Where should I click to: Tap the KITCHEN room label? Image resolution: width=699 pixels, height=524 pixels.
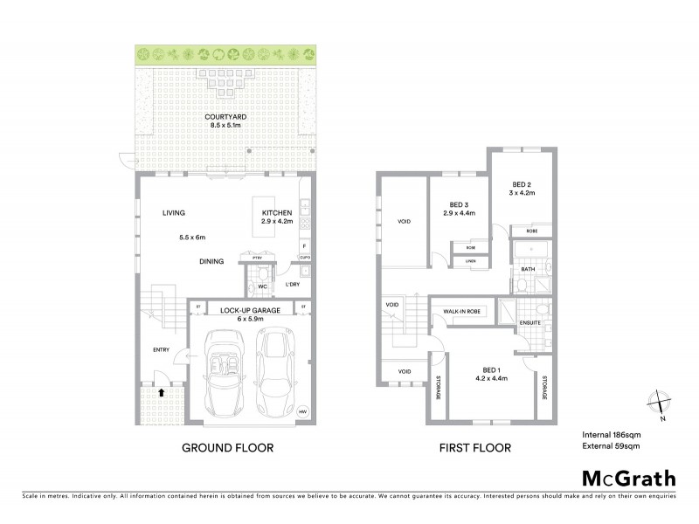277,212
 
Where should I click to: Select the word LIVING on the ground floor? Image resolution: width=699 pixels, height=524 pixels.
173,212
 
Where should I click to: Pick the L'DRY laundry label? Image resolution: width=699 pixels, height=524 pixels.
292,286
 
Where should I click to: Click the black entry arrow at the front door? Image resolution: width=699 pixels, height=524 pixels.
162,392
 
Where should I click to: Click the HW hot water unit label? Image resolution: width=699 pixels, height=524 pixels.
303,411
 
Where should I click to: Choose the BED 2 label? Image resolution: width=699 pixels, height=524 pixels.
522,184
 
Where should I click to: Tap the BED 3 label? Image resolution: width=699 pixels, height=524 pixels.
459,203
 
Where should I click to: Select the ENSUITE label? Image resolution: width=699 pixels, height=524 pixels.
530,323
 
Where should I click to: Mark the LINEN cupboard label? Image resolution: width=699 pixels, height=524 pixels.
470,261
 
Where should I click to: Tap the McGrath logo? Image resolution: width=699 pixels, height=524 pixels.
627,479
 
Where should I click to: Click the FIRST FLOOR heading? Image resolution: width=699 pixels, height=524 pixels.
476,448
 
